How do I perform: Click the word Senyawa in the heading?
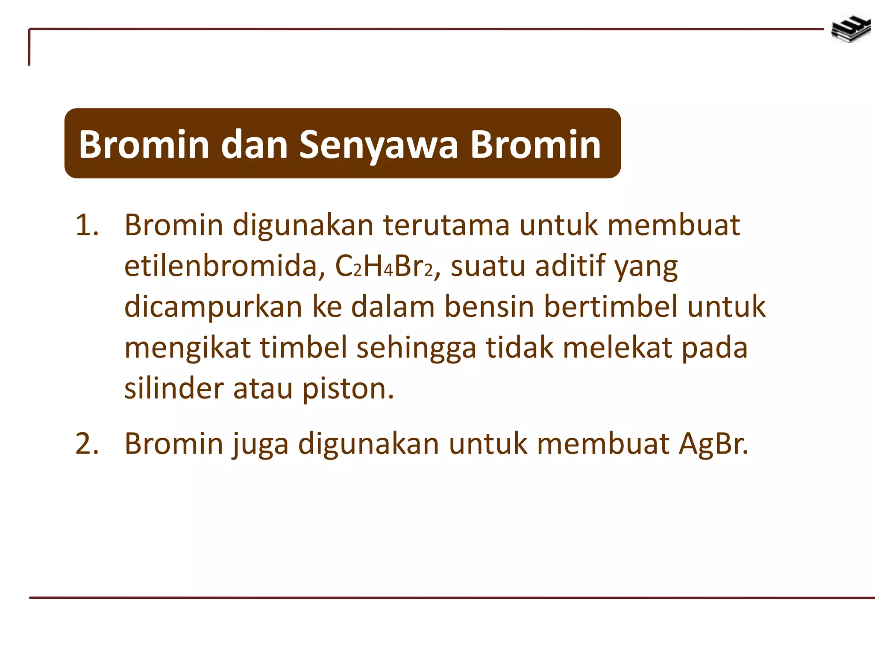[x=378, y=144]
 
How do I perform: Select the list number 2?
[x=87, y=443]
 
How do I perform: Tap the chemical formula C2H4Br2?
[x=384, y=266]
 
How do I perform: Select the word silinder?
[x=174, y=389]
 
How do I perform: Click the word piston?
[x=348, y=389]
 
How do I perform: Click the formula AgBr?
[x=713, y=444]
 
